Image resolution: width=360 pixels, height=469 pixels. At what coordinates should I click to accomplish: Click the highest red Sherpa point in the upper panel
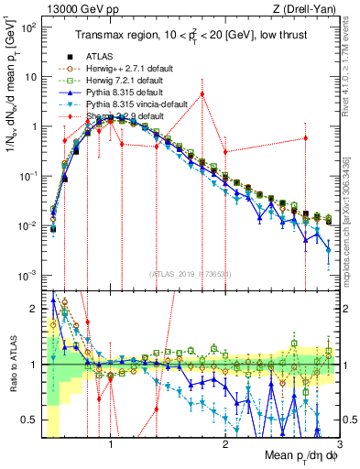tap(202, 93)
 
